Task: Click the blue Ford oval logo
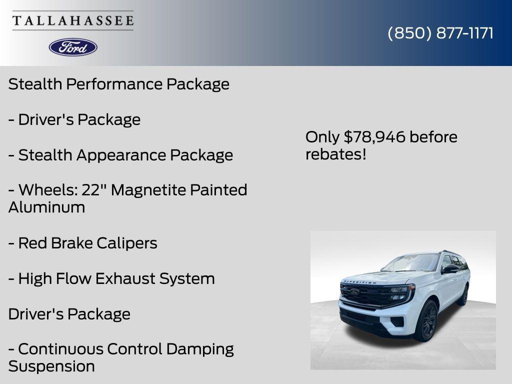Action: (x=73, y=47)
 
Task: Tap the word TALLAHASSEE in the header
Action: (x=73, y=21)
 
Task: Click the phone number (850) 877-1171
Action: (x=440, y=33)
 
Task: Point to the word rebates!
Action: (x=335, y=154)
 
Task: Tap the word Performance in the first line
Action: (x=114, y=84)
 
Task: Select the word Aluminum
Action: (x=46, y=207)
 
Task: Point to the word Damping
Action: (x=200, y=349)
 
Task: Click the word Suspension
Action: (x=51, y=366)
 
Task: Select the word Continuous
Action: (x=60, y=349)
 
